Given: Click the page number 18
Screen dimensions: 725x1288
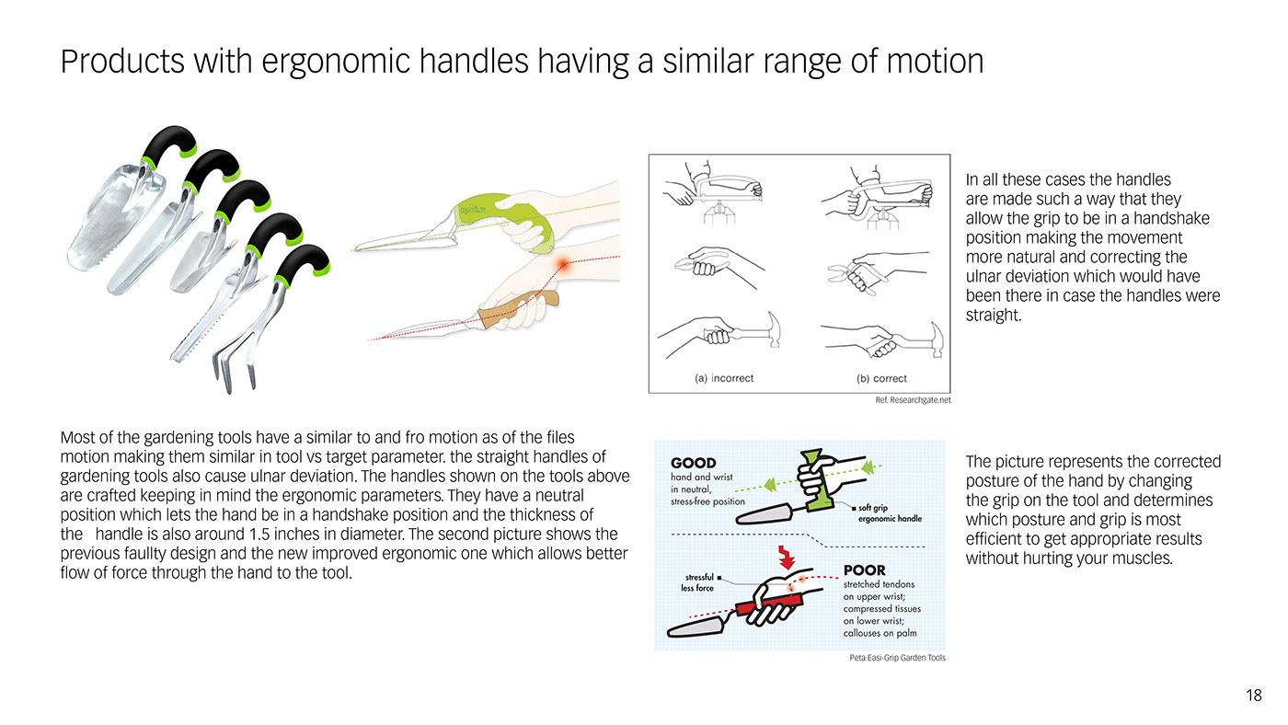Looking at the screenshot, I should (x=1254, y=696).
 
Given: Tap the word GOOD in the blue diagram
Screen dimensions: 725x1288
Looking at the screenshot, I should (x=694, y=463).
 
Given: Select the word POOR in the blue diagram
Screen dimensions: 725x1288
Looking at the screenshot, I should (x=864, y=570).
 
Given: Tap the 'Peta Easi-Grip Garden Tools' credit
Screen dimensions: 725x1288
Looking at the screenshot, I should (x=897, y=658).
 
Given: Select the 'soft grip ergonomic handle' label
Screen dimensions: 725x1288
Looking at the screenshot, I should (x=889, y=512).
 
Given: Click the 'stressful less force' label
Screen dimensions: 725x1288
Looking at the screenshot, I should (x=698, y=582).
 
